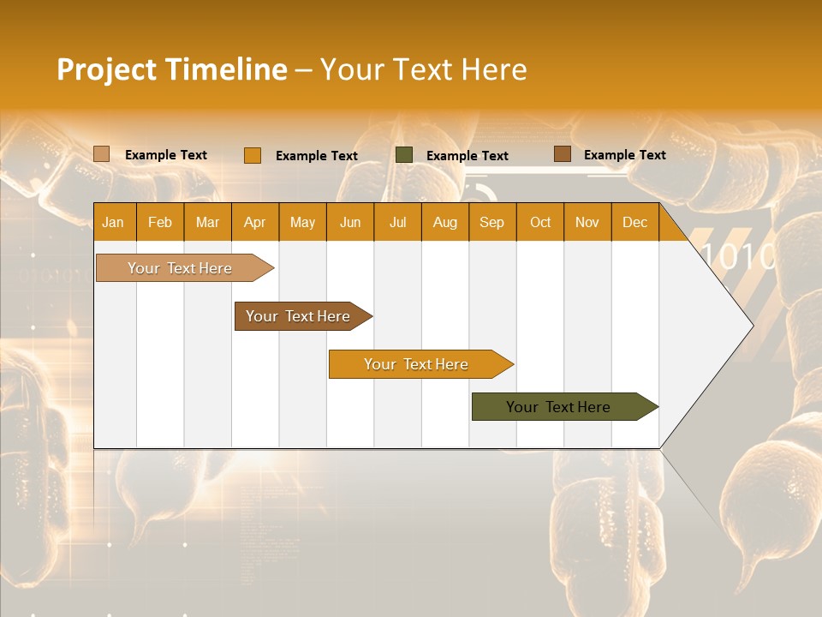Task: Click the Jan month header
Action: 114,222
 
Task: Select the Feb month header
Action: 160,222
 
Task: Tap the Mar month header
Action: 207,222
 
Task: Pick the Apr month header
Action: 254,222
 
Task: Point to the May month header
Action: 302,222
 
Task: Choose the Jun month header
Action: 350,222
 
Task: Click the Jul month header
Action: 397,222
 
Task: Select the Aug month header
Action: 444,222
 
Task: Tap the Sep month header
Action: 491,222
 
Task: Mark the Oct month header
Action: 540,222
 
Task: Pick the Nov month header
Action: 587,222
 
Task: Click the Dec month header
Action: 634,222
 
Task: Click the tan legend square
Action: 102,154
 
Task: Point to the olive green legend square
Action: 404,155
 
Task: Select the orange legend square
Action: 253,155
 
